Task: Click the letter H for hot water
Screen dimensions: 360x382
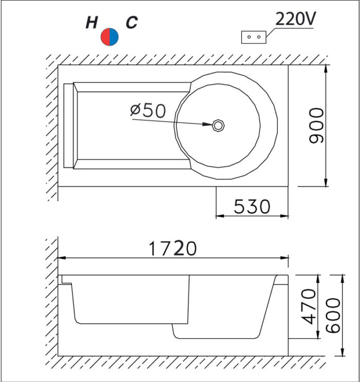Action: tap(92, 23)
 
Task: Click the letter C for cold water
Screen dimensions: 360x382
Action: tap(132, 22)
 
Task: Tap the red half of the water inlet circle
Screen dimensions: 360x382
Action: tap(105, 37)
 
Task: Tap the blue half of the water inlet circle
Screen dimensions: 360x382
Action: tap(114, 37)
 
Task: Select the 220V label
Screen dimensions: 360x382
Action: tap(296, 19)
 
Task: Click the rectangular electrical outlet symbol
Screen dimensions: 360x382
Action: tap(254, 37)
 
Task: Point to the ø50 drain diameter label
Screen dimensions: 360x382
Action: tap(148, 110)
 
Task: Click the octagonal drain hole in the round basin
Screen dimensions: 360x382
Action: tap(218, 126)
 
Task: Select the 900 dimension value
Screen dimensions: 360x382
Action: tap(316, 126)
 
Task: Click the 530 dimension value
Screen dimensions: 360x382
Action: tap(252, 206)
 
